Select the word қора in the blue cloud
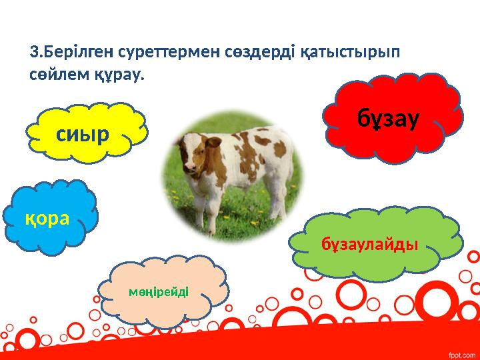47,219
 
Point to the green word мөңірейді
160,291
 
